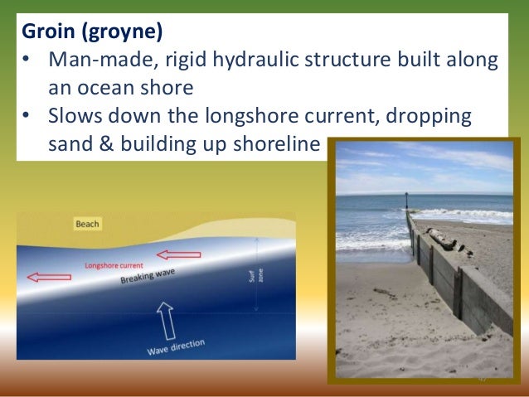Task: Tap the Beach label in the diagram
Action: (x=87, y=224)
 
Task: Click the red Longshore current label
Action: (x=117, y=265)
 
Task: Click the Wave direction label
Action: (x=175, y=345)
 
